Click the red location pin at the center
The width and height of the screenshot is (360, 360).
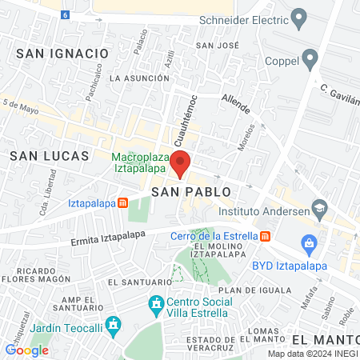180,163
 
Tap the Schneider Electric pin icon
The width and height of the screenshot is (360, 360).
300,17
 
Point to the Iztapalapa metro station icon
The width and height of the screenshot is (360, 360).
122,203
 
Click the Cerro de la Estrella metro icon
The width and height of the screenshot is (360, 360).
265,236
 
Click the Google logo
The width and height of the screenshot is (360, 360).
26,350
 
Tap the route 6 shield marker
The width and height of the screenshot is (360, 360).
65,14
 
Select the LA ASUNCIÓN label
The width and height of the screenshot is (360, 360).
139,78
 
